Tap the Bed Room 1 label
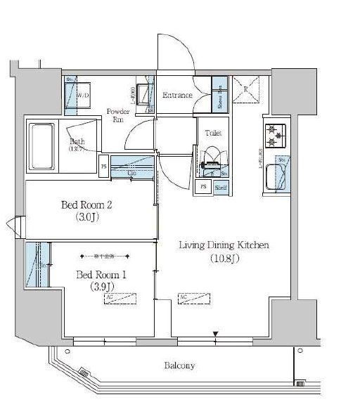[x=101, y=273]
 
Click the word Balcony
[x=179, y=366]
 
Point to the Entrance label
[x=177, y=95]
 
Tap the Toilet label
[x=213, y=132]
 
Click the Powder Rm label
[x=117, y=115]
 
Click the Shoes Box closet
[x=220, y=96]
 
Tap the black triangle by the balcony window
[x=216, y=334]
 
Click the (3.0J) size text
[x=87, y=218]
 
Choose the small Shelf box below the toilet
[x=220, y=187]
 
